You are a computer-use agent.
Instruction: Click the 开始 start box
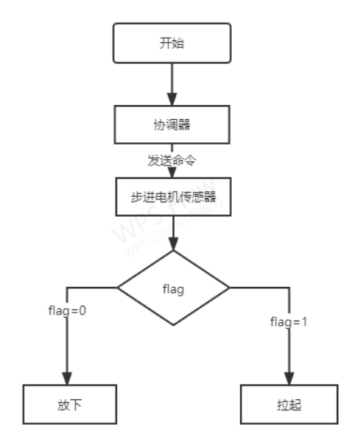[x=172, y=43]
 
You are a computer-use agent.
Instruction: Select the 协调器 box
[x=172, y=124]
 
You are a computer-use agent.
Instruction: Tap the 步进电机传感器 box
[x=172, y=196]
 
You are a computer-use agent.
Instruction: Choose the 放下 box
[x=69, y=405]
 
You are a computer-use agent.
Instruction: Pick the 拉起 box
[x=288, y=405]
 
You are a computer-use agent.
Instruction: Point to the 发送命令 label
[x=172, y=160]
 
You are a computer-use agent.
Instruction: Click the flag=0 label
[x=67, y=310]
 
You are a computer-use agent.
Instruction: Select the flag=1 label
[x=289, y=322]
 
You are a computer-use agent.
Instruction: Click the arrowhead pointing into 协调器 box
[x=172, y=100]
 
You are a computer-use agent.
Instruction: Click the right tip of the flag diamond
[x=227, y=288]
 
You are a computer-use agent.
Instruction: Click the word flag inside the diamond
[x=173, y=288]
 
